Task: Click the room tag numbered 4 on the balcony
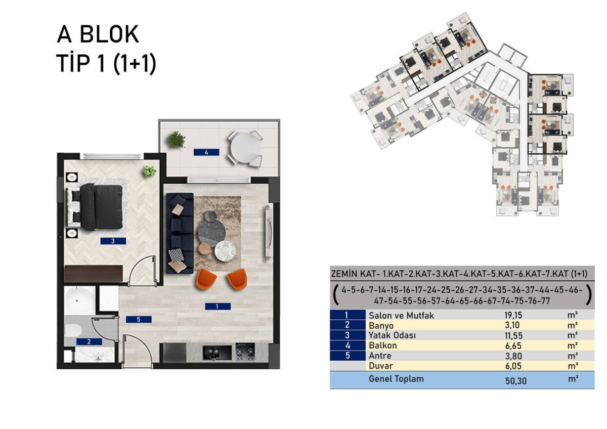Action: [x=206, y=152]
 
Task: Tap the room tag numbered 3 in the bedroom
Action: [x=113, y=241]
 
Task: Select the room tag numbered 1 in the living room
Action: [x=218, y=306]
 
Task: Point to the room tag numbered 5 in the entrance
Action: [x=139, y=319]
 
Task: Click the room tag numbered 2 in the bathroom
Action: [x=89, y=341]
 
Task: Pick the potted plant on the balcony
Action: [x=176, y=140]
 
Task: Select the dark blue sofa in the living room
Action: [x=180, y=233]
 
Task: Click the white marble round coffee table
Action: [x=225, y=251]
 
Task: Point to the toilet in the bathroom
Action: [x=73, y=330]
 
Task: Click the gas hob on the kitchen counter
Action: [x=245, y=352]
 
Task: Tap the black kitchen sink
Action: [x=217, y=353]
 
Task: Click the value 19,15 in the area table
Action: [x=513, y=315]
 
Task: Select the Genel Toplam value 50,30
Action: [x=515, y=381]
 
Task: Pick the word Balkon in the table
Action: [x=382, y=345]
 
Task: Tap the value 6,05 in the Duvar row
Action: [x=513, y=366]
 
